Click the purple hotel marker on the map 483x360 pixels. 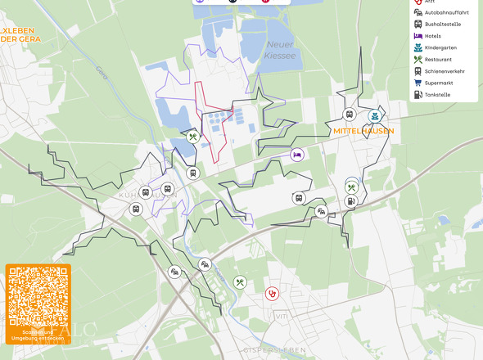tap(297, 154)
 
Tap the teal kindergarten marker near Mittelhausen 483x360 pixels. tap(375, 116)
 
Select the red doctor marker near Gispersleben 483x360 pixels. tap(272, 293)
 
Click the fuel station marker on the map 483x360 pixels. tap(351, 200)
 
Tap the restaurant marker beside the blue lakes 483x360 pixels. tap(193, 137)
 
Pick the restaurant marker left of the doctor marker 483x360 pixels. tap(240, 282)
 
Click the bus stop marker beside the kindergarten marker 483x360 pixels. tap(350, 115)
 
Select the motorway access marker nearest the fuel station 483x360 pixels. tap(322, 211)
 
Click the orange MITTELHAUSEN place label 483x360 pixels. tap(363, 131)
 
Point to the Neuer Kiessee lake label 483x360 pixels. tap(279, 50)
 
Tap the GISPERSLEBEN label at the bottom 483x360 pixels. tap(274, 349)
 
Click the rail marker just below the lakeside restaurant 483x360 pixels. tap(192, 173)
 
